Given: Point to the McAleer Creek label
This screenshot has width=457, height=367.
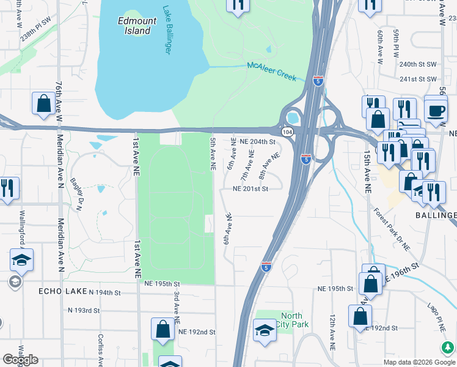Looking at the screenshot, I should [x=271, y=72].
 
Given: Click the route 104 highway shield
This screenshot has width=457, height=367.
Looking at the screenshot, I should [x=286, y=132].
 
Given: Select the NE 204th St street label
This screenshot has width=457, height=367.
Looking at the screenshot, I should [x=258, y=141].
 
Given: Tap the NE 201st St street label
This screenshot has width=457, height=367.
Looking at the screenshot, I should [x=250, y=189].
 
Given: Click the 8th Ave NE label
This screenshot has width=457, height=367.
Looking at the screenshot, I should [x=269, y=166].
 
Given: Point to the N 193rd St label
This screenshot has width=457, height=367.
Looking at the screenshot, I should [x=84, y=311].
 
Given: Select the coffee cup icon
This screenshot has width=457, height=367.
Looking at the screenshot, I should [x=435, y=110].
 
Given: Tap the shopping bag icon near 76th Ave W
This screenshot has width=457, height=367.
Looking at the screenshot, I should [x=44, y=104].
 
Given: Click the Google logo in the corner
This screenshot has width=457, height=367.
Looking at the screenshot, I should [x=20, y=360].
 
